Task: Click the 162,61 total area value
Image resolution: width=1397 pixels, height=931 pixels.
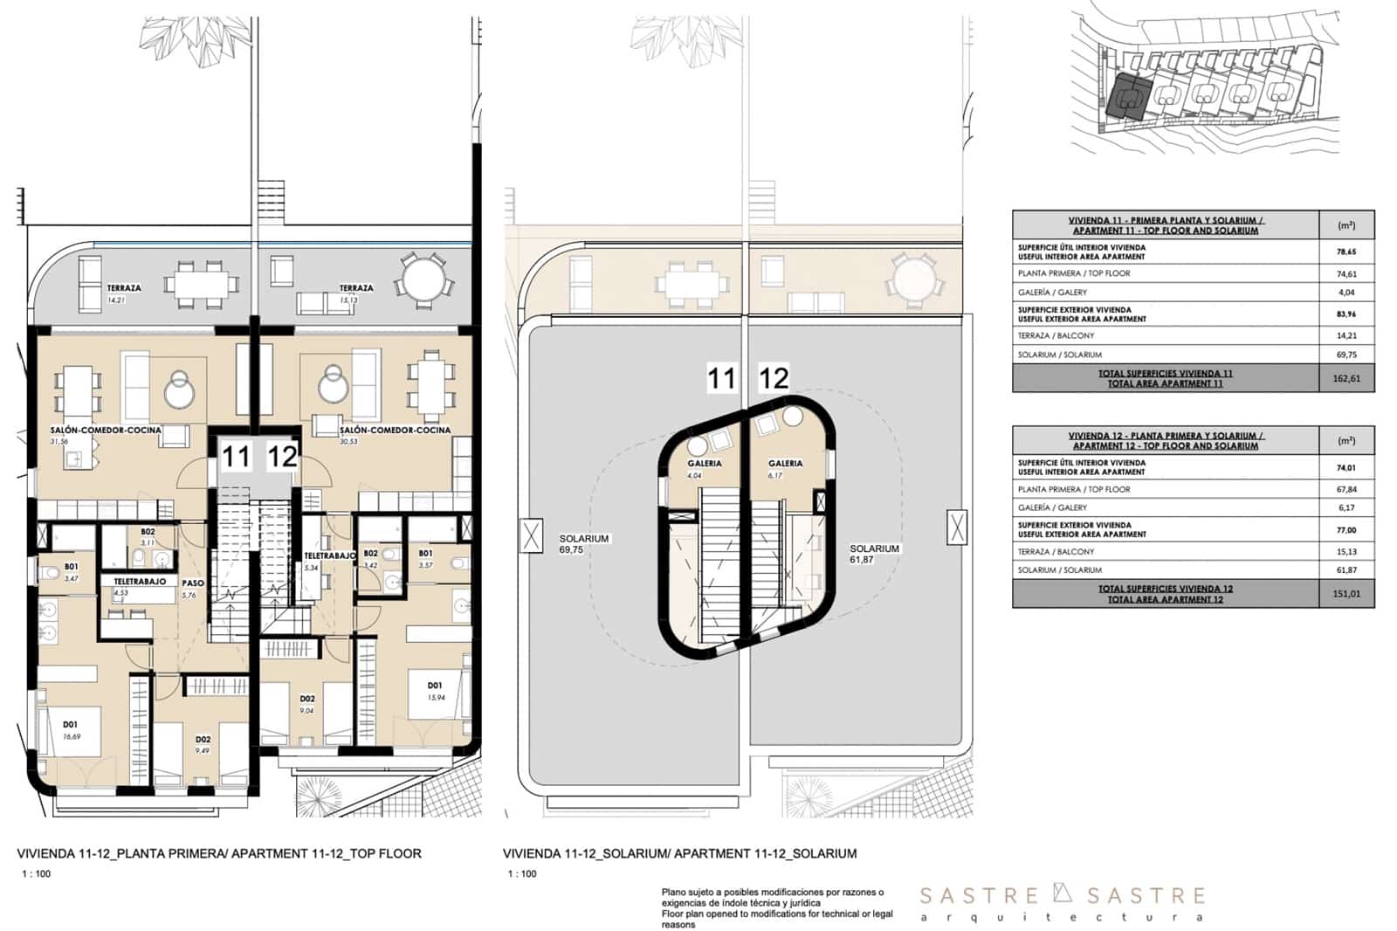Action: click(1346, 379)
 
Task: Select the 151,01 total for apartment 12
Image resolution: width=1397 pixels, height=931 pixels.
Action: click(1346, 595)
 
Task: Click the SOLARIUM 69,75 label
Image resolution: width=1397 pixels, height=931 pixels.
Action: click(584, 544)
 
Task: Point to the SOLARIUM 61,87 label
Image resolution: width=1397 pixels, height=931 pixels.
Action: click(874, 554)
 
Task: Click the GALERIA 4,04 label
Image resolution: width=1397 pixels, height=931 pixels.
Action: click(704, 469)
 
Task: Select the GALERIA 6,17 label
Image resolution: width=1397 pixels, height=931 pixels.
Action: click(785, 469)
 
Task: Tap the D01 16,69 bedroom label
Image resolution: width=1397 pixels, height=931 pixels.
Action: click(71, 729)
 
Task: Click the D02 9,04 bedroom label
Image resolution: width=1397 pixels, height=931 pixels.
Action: click(307, 704)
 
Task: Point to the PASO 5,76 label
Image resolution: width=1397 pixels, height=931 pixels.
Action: click(192, 588)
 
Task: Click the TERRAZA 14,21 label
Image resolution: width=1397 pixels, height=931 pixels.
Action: click(123, 293)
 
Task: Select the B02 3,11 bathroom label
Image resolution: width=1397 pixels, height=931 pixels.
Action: click(148, 536)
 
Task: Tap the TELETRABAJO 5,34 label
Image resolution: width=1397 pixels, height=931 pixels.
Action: click(329, 561)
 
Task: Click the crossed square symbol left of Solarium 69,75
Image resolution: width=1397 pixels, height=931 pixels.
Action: click(531, 535)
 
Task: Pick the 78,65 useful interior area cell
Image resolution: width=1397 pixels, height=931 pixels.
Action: click(1346, 252)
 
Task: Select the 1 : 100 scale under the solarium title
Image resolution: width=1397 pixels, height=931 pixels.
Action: click(522, 874)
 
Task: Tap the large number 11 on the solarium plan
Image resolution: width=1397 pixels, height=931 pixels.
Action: click(720, 378)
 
